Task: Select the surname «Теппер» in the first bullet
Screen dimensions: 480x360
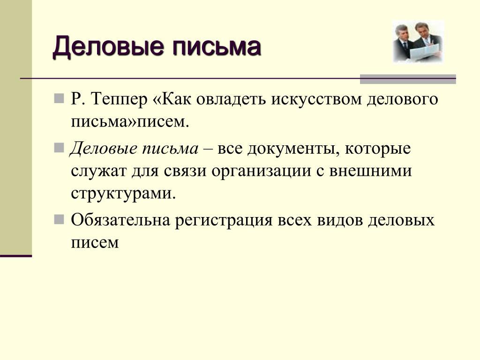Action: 119,100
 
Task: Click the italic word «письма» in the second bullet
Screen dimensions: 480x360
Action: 170,149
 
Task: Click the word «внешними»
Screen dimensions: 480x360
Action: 370,171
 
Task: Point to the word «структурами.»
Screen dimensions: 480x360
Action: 123,194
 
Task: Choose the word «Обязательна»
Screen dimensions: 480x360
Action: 120,220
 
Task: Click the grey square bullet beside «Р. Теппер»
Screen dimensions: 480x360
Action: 59,98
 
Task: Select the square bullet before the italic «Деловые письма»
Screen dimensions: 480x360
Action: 59,148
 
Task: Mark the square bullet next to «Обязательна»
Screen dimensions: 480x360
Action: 59,219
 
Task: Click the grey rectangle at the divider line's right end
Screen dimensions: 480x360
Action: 408,79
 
